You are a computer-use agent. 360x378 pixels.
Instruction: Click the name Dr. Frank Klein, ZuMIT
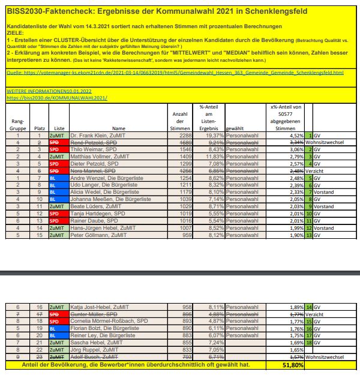(x=97, y=136)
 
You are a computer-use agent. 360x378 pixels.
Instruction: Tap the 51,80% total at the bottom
(x=292, y=364)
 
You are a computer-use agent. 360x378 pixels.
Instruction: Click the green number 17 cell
(x=308, y=335)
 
